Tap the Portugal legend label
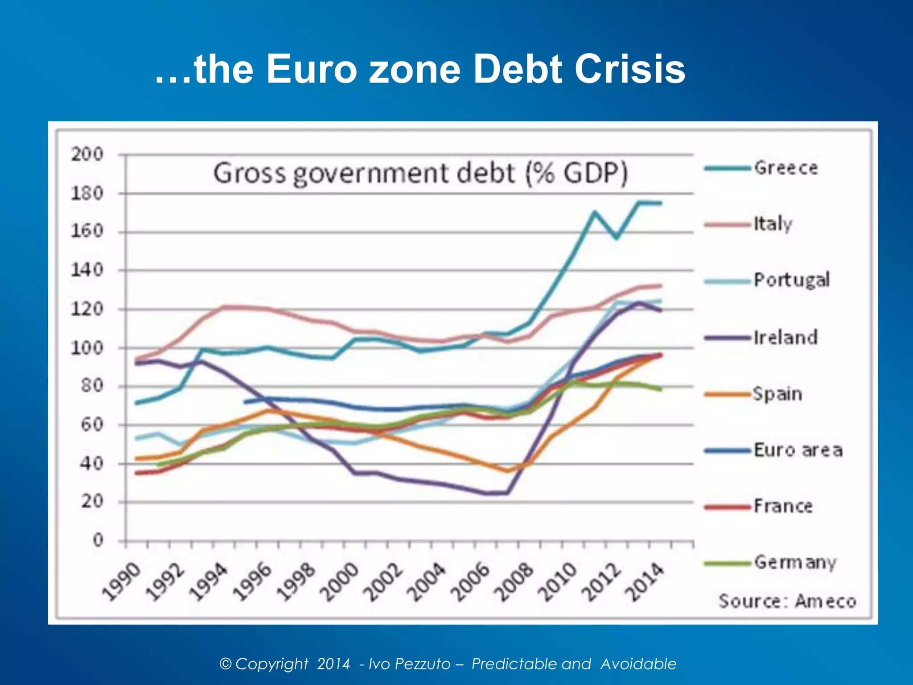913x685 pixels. click(791, 280)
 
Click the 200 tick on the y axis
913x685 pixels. click(87, 154)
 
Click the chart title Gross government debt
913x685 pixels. click(420, 173)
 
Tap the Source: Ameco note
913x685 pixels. click(787, 601)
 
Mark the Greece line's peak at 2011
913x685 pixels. click(595, 211)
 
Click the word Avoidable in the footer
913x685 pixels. click(638, 664)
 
